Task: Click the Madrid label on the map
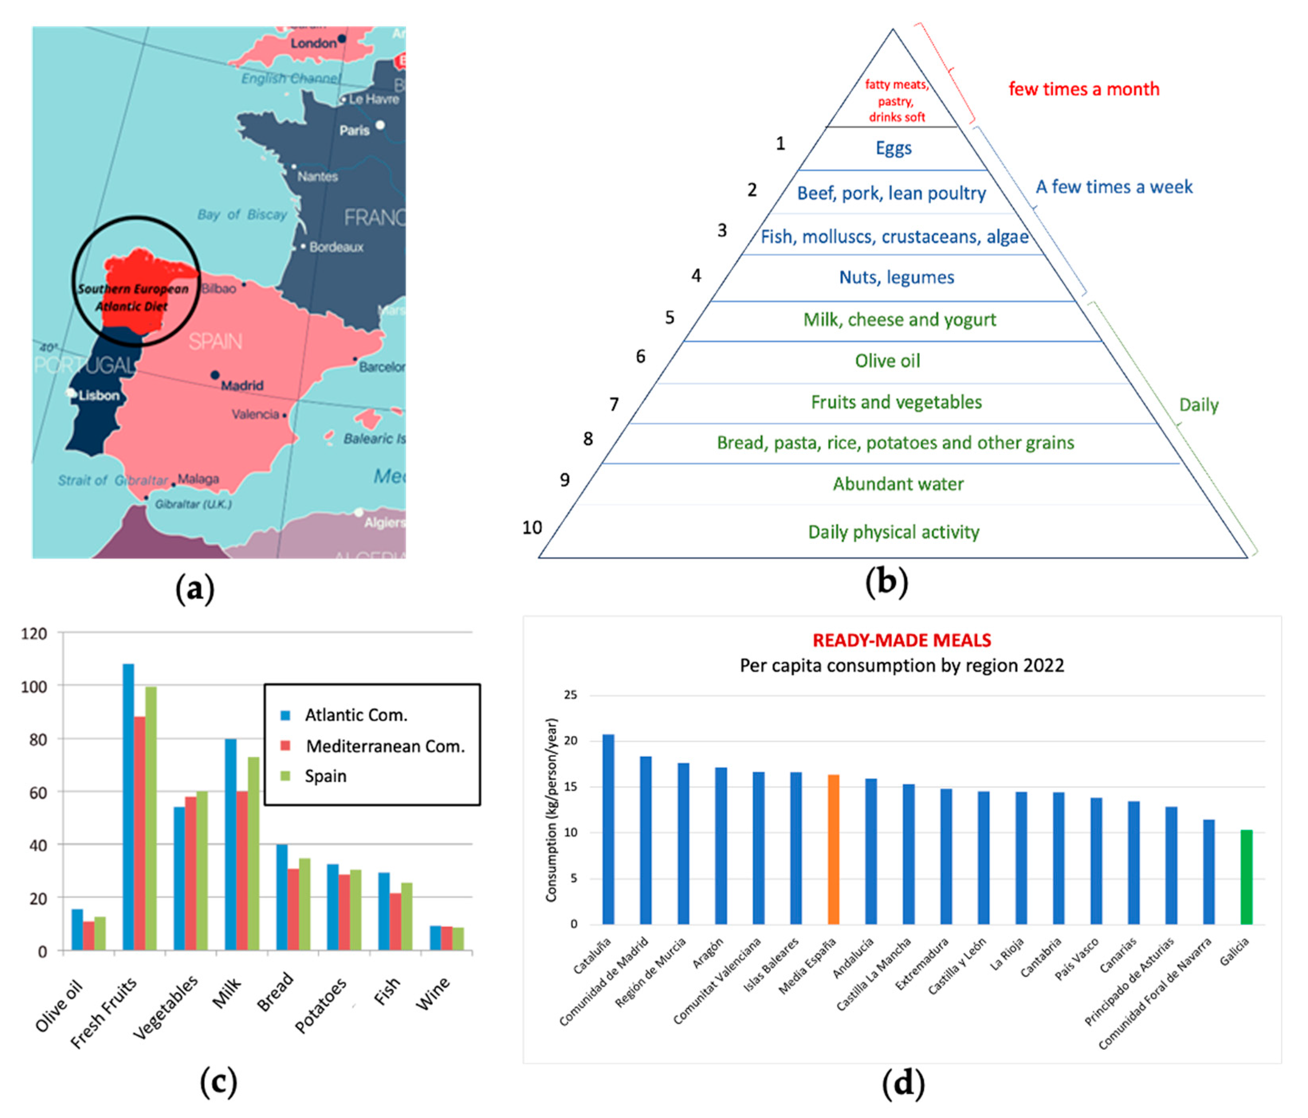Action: pyautogui.click(x=242, y=385)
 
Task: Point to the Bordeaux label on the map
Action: pyautogui.click(x=336, y=247)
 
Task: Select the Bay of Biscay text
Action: pyautogui.click(x=242, y=215)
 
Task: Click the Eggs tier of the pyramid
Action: pyautogui.click(x=893, y=148)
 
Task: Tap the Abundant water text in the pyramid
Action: pyautogui.click(x=898, y=484)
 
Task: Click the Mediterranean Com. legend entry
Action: pyautogui.click(x=385, y=746)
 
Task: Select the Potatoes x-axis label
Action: pyautogui.click(x=321, y=1005)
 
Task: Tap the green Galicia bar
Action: pyautogui.click(x=1246, y=877)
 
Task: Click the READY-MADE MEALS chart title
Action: pyautogui.click(x=901, y=640)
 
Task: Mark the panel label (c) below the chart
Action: pyautogui.click(x=218, y=1082)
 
